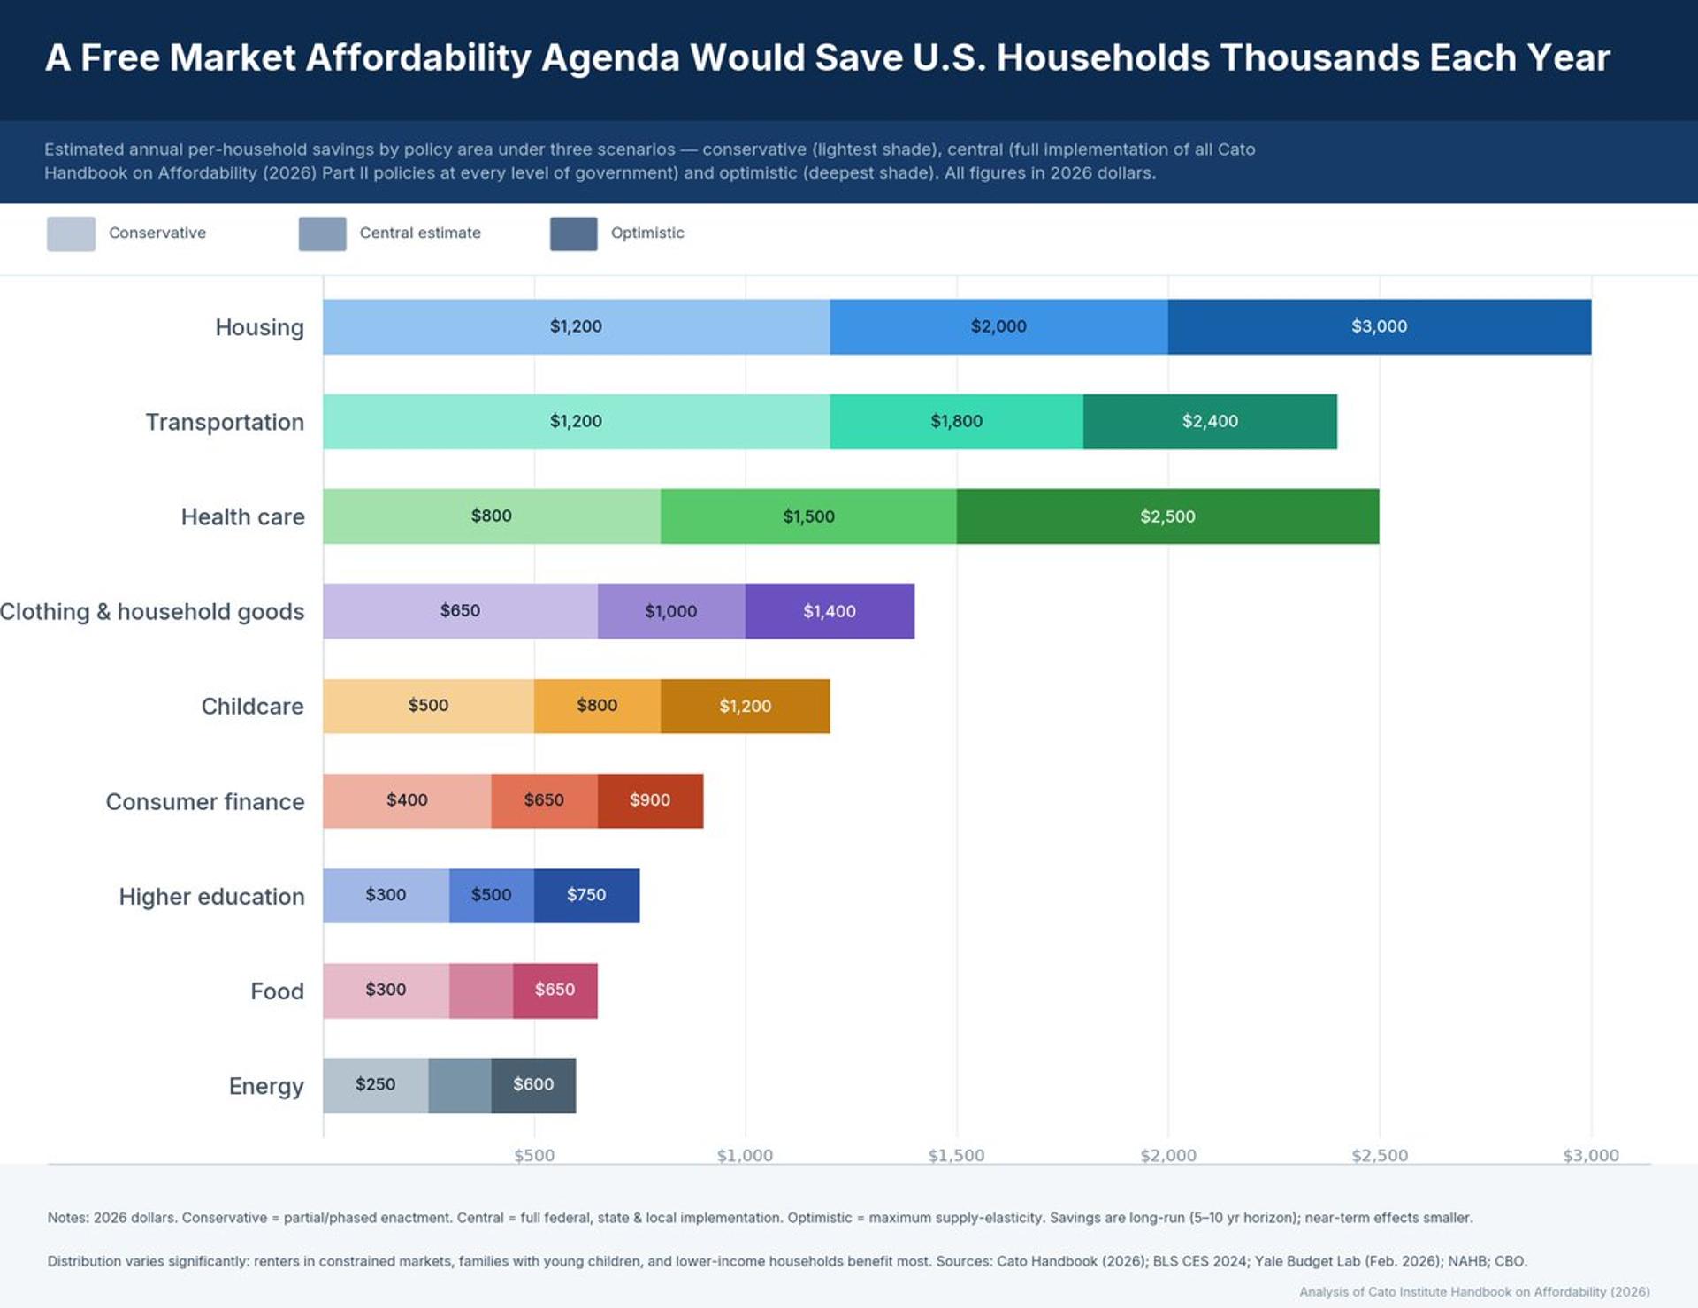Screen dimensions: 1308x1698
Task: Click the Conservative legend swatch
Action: coord(71,233)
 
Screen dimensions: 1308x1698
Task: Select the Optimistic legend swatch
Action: coord(573,233)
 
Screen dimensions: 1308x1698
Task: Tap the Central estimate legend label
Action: coord(420,233)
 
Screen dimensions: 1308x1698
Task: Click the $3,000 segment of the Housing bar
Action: coord(1379,326)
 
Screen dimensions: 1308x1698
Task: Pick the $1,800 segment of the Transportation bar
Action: coord(956,421)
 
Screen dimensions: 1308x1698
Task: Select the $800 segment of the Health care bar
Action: coord(491,516)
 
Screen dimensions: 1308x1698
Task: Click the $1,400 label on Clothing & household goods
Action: coord(829,611)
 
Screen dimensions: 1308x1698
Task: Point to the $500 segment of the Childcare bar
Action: coord(428,706)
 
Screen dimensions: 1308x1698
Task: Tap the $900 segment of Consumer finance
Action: coord(650,800)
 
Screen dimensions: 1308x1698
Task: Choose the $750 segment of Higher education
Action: coord(586,895)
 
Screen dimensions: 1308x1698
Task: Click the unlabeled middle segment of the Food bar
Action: coord(481,991)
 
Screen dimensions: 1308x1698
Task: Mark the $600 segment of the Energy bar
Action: coord(533,1084)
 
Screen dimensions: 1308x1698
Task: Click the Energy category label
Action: coord(266,1086)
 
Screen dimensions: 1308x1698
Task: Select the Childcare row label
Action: coord(252,707)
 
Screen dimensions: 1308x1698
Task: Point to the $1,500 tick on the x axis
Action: coord(956,1155)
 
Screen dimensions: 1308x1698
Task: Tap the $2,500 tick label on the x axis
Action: coord(1380,1155)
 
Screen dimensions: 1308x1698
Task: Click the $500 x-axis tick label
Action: coord(534,1155)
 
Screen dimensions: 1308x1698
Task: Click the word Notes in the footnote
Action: coord(67,1218)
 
